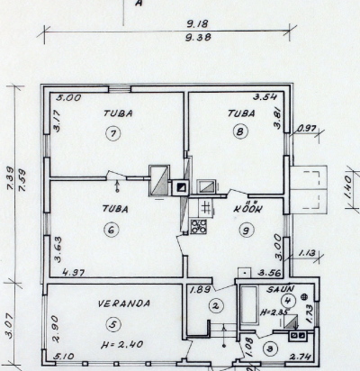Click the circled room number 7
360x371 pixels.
click(x=113, y=133)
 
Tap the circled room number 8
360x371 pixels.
click(x=240, y=131)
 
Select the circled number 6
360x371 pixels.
click(x=112, y=231)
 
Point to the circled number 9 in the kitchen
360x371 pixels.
click(x=247, y=231)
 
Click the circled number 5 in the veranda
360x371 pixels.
click(x=113, y=324)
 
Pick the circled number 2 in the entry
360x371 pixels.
click(x=216, y=306)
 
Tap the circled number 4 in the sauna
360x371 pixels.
click(x=288, y=300)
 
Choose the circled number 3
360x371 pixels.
click(x=270, y=348)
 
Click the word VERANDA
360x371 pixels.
click(x=124, y=303)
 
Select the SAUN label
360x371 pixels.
click(x=281, y=289)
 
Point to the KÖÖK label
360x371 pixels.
click(x=248, y=208)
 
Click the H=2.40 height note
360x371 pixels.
click(x=121, y=344)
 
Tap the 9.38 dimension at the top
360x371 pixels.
click(x=198, y=37)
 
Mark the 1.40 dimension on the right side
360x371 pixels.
click(x=347, y=187)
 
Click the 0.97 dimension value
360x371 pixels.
click(x=307, y=129)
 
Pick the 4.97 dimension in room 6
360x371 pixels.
click(x=74, y=273)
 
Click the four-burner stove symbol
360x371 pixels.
click(x=199, y=226)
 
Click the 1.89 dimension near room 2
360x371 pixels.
click(x=201, y=289)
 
